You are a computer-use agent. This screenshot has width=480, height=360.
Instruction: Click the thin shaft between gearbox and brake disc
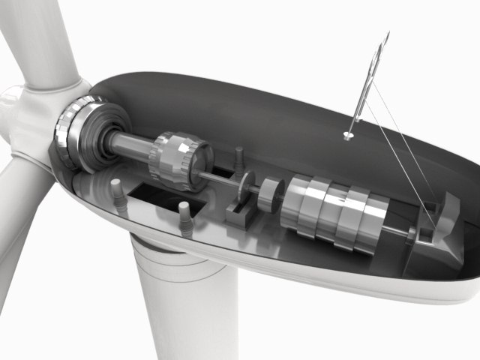tap(222, 178)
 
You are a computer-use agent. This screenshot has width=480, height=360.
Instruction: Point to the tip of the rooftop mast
tap(388, 34)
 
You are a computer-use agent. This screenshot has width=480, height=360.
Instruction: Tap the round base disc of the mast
tap(347, 136)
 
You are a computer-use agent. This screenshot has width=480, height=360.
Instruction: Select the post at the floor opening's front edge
tap(184, 219)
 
